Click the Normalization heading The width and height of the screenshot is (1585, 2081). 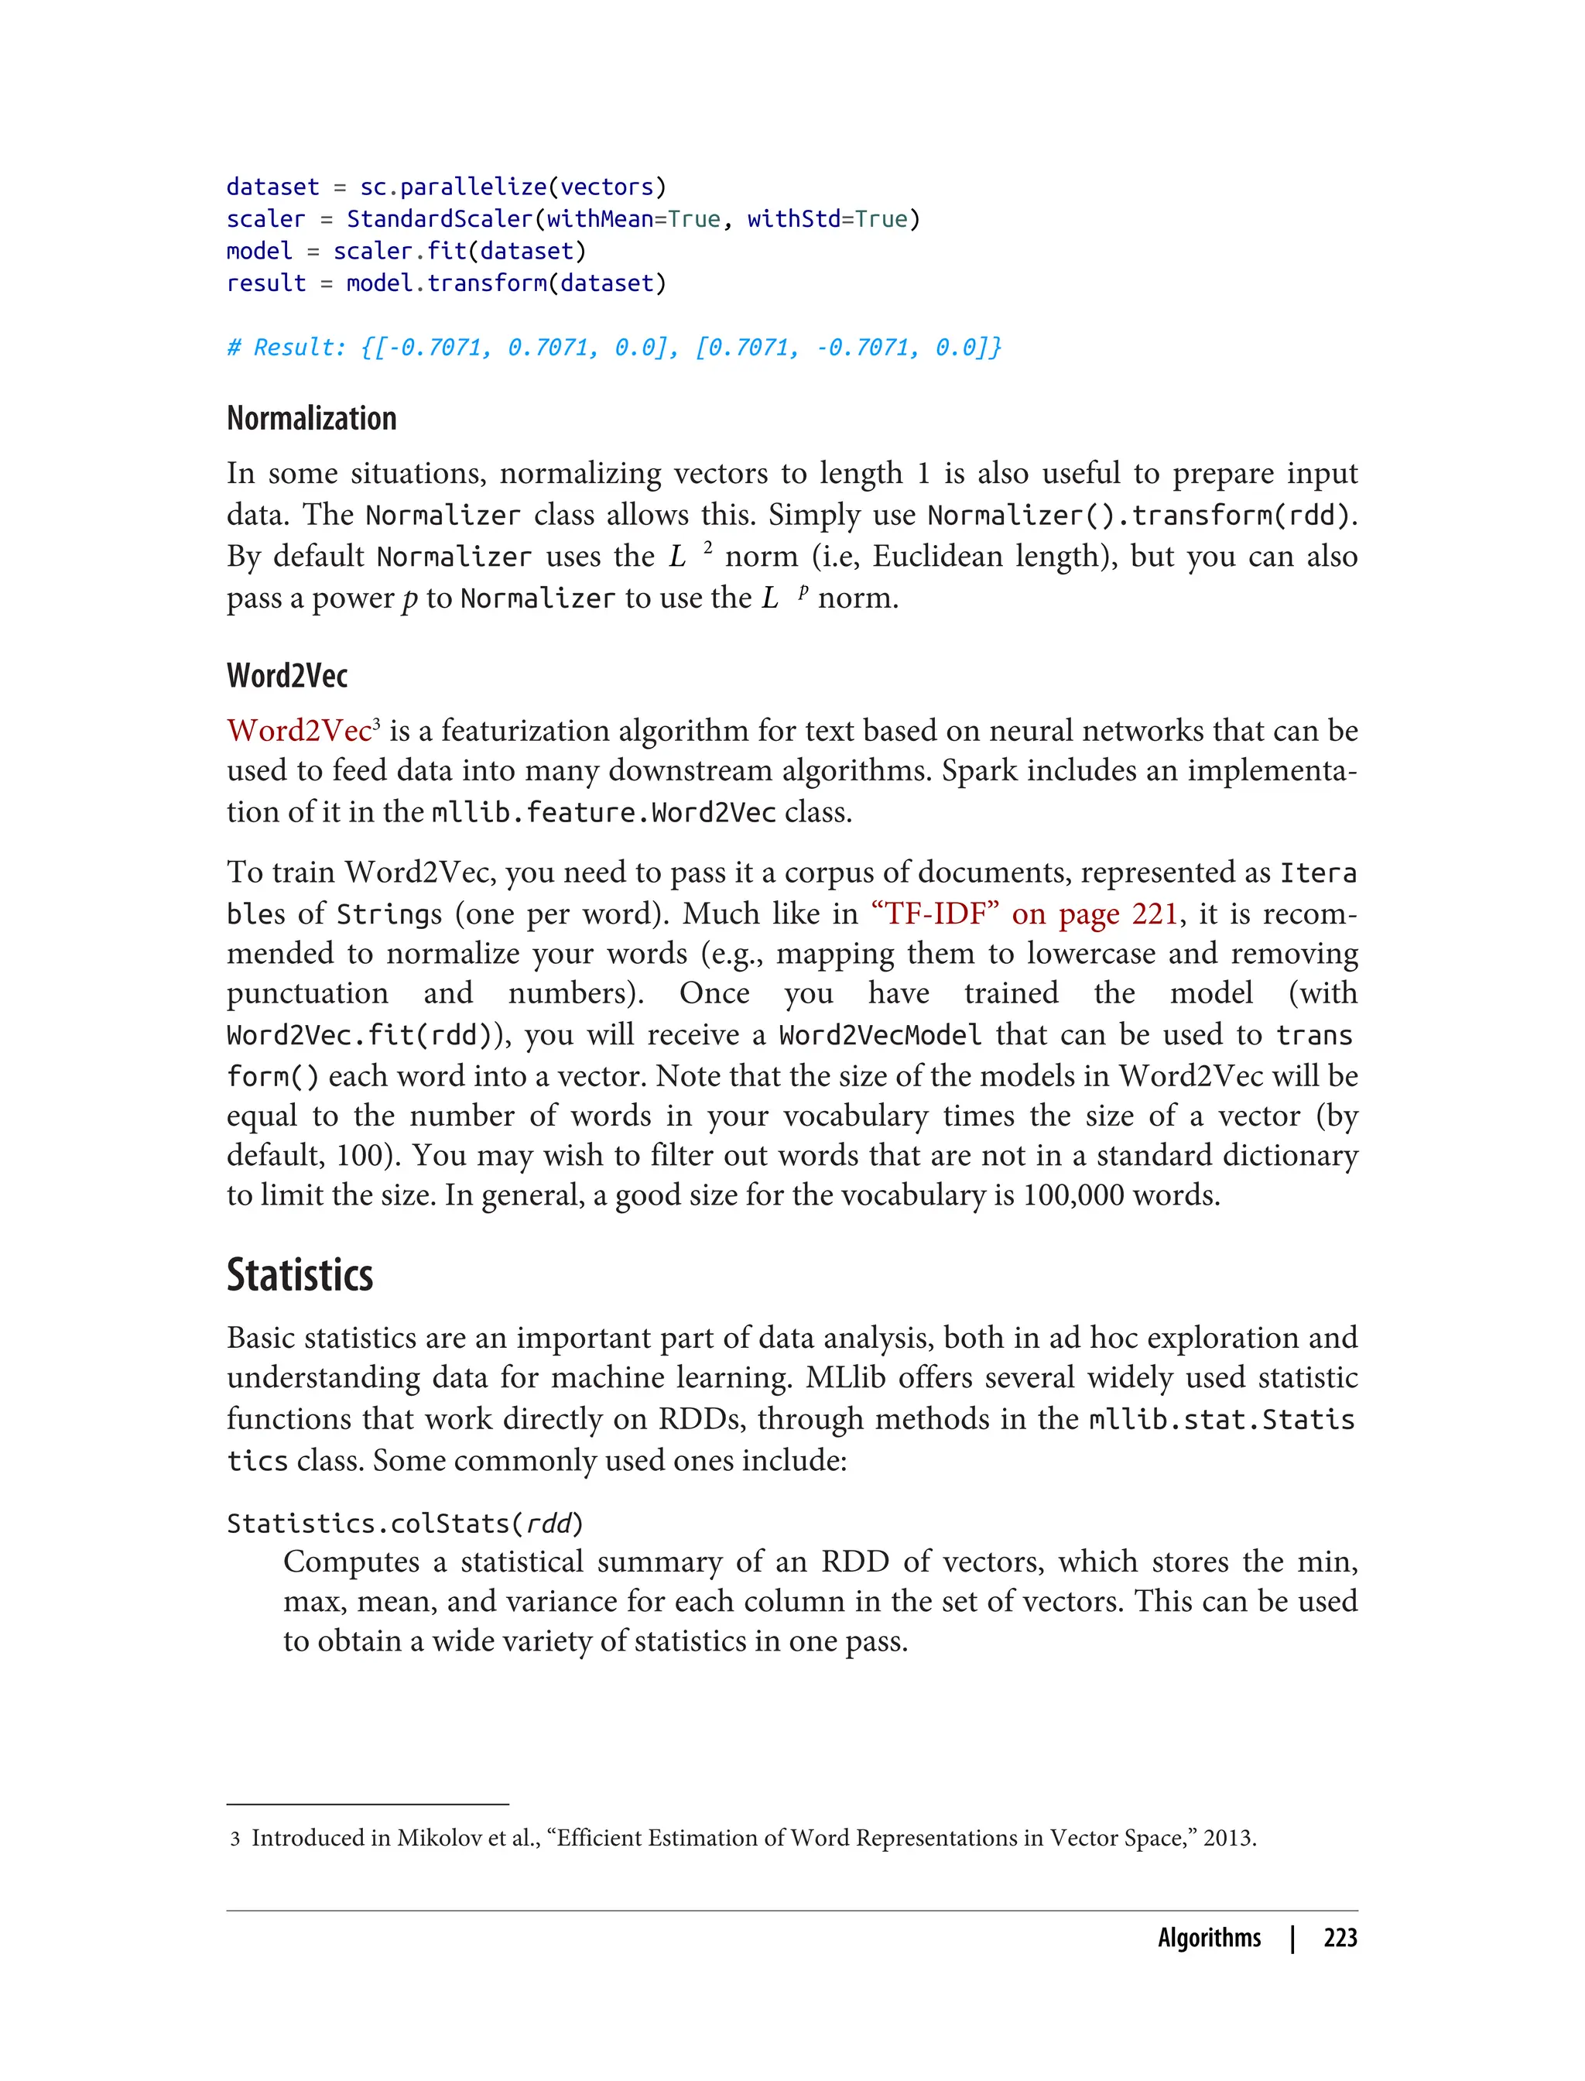[x=311, y=418]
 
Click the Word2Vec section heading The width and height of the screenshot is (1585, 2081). [x=287, y=676]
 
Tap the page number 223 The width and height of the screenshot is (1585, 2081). [x=1340, y=1938]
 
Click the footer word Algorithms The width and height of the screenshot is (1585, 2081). [x=1209, y=1938]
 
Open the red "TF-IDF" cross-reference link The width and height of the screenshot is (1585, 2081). [x=1024, y=914]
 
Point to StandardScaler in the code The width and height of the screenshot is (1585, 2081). [x=440, y=219]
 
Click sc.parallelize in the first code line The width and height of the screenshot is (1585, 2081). [x=453, y=187]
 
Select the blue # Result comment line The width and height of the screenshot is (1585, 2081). [x=613, y=348]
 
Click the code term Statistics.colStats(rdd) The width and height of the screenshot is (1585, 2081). [x=405, y=1524]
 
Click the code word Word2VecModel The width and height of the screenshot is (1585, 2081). [x=879, y=1035]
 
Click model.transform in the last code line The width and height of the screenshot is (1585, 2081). [x=447, y=283]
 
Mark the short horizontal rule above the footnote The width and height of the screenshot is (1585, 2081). [x=368, y=1805]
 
